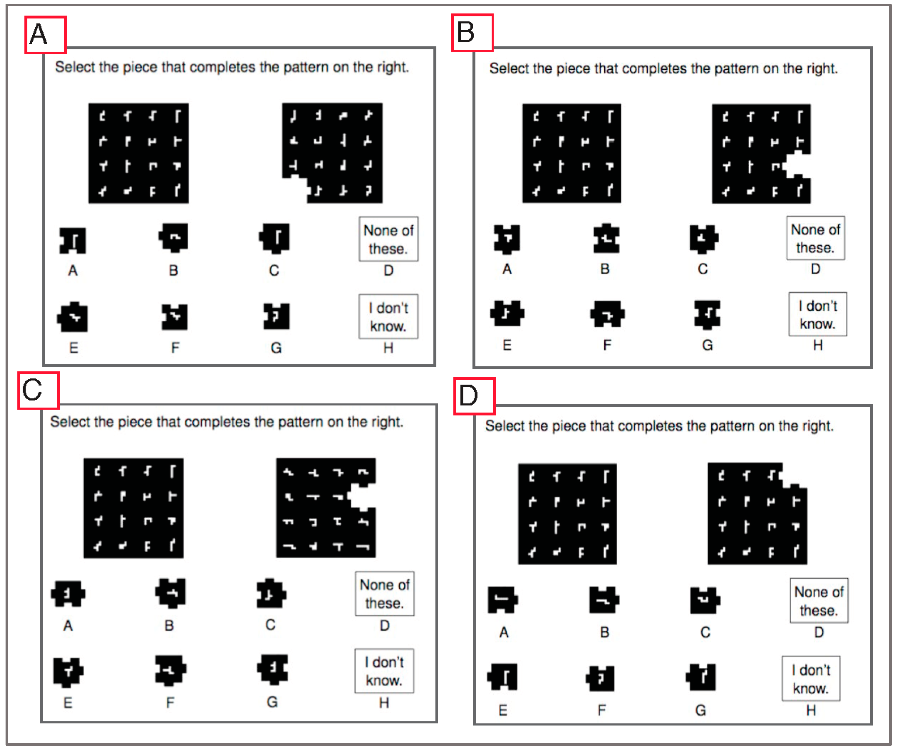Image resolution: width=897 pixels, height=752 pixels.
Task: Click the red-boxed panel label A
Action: (45, 35)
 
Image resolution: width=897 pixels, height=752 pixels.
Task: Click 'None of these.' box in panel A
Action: (388, 239)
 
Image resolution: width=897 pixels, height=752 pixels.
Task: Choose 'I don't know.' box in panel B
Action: (818, 314)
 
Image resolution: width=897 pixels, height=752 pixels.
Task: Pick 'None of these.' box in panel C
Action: (384, 594)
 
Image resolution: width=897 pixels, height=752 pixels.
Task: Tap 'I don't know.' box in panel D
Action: (811, 679)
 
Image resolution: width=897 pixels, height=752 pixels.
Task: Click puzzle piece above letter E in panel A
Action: (73, 317)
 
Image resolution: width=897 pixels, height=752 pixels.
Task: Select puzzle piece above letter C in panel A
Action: (274, 238)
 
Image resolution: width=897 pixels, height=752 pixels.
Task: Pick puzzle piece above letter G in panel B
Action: (707, 314)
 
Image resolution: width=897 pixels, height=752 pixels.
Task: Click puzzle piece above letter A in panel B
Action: (507, 239)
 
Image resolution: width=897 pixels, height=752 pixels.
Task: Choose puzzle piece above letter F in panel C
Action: (170, 670)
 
